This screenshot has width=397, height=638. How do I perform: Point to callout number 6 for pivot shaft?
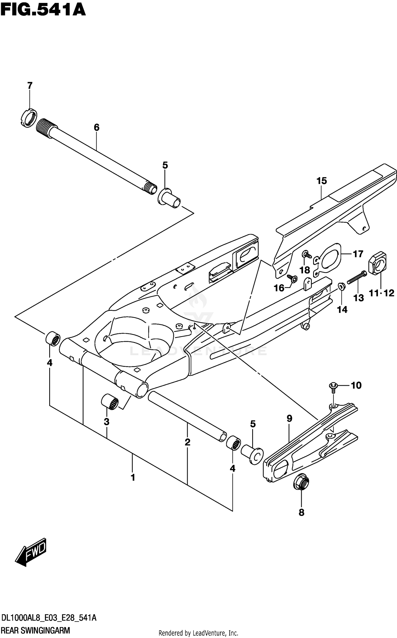tap(97, 128)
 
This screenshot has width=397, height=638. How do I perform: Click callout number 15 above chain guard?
tap(322, 181)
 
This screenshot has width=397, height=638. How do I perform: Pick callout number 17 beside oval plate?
tap(358, 254)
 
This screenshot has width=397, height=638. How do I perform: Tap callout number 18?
tap(305, 270)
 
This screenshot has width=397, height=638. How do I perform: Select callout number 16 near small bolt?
tap(279, 288)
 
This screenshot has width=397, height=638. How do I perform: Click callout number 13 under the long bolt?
tap(359, 298)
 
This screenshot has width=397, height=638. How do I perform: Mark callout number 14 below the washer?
tap(342, 309)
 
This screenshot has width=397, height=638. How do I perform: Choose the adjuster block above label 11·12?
tap(377, 263)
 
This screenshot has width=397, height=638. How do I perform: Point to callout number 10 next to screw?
tap(356, 385)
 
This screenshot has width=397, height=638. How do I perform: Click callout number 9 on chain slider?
tap(289, 419)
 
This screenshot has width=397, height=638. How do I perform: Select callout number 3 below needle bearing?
tap(106, 422)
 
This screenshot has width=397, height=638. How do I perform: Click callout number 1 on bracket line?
tap(133, 478)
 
